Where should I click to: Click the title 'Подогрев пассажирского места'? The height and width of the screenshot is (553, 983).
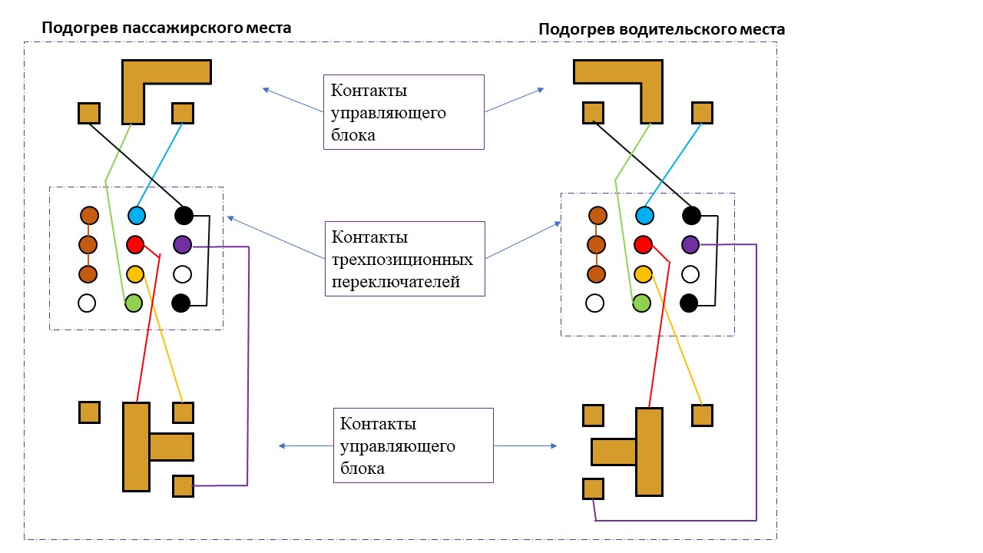pos(166,28)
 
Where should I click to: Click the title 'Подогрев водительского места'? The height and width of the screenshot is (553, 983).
pos(661,29)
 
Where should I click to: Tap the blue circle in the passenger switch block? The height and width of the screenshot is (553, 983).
pos(137,215)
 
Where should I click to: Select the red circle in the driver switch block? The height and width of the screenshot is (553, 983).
pos(643,245)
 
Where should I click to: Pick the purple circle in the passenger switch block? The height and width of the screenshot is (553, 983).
pos(182,245)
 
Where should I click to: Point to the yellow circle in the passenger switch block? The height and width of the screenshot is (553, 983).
pos(135,273)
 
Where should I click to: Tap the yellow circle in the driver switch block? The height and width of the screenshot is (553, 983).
pos(643,274)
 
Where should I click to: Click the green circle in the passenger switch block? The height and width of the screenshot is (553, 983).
pos(134,303)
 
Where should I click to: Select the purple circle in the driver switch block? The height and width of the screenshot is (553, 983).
pos(690,245)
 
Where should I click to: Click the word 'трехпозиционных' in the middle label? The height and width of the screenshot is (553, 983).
pos(402,260)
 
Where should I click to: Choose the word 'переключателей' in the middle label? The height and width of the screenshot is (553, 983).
pos(396,282)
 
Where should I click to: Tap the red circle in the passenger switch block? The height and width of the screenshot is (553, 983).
pos(135,245)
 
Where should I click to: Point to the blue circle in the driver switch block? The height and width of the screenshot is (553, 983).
pos(644,216)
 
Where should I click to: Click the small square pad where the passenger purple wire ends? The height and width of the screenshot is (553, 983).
pos(183,486)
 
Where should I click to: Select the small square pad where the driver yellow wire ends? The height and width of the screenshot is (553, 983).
pos(702,416)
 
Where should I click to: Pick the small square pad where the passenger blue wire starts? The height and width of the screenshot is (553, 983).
pos(182,113)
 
